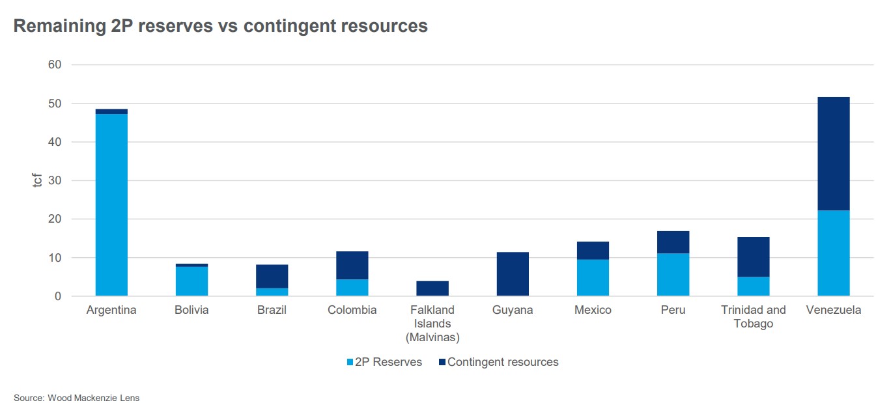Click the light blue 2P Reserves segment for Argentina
[x=111, y=204]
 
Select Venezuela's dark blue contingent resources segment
[x=833, y=154]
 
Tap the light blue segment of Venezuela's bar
[x=833, y=253]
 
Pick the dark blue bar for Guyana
[x=513, y=274]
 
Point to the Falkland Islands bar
[x=432, y=288]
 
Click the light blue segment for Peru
[x=673, y=275]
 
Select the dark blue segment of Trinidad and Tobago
[x=754, y=257]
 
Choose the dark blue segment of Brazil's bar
[x=272, y=276]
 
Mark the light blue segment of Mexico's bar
[x=593, y=278]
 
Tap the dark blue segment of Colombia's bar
[x=352, y=265]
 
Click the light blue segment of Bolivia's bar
[x=191, y=281]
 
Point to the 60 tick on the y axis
[x=54, y=64]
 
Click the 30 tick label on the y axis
[x=54, y=180]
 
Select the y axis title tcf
[x=36, y=180]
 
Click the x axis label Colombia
[x=352, y=310]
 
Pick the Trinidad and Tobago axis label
[x=754, y=316]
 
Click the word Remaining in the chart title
[x=55, y=26]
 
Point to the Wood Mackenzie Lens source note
[x=77, y=398]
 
